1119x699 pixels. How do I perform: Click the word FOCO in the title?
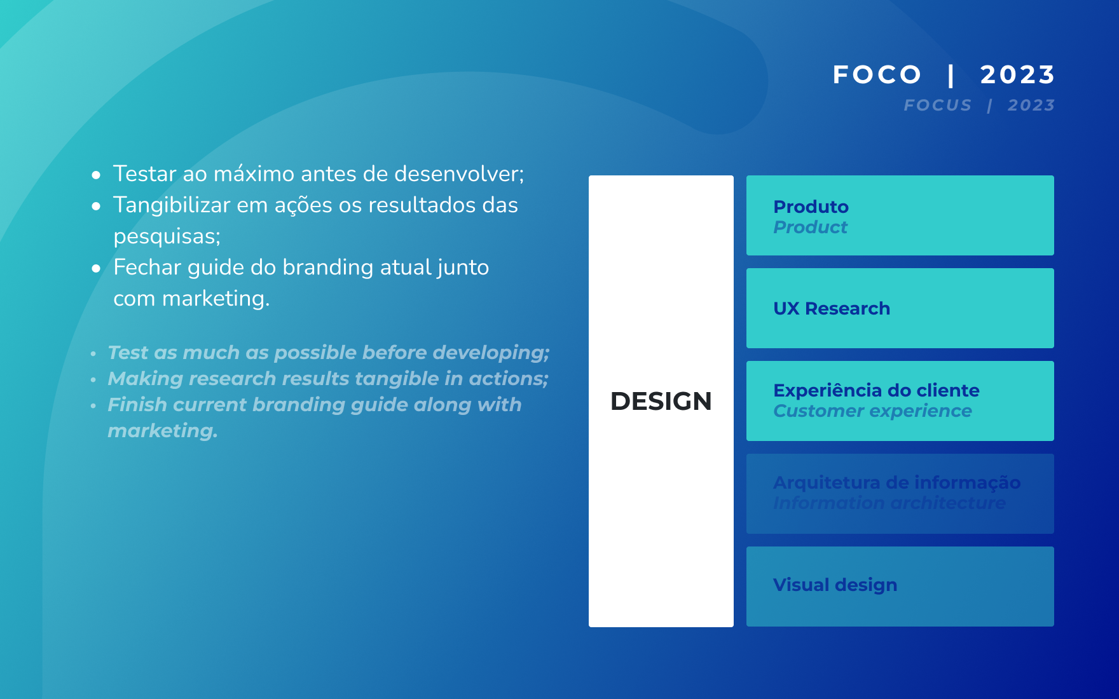[877, 75]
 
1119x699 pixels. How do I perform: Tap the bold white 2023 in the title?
[1017, 75]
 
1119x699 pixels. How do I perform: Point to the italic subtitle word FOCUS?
[938, 105]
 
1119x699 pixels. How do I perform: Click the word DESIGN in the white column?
[661, 401]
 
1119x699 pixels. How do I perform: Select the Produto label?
[811, 207]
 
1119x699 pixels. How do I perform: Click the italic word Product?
[810, 227]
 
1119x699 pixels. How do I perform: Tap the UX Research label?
[832, 308]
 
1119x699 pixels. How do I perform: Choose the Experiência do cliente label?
[876, 390]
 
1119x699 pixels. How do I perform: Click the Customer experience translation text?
[872, 411]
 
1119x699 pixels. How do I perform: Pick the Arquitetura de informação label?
[897, 482]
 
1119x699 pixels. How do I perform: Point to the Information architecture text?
[889, 503]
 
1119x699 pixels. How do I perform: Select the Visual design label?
[835, 585]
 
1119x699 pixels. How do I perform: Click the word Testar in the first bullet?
[144, 173]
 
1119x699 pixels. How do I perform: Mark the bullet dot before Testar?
[96, 175]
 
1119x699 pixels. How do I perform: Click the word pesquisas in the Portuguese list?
[164, 236]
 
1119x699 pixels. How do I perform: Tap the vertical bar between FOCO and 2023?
[951, 75]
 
